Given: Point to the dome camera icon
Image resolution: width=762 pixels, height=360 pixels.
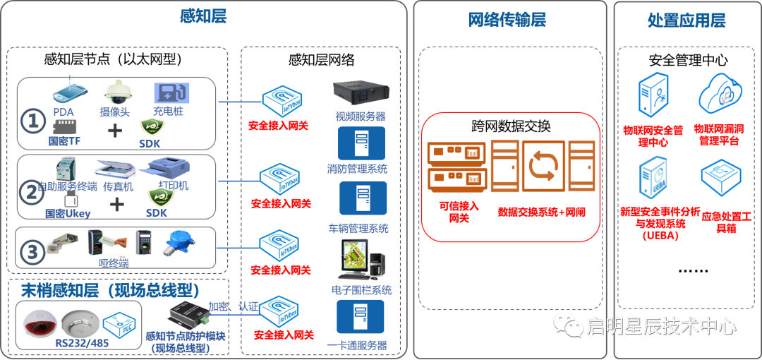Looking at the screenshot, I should pos(116,92).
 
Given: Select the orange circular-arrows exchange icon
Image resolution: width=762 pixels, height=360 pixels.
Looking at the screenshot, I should pos(544,167).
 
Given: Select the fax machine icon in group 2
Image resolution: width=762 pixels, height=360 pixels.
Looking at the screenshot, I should pos(115,170).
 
